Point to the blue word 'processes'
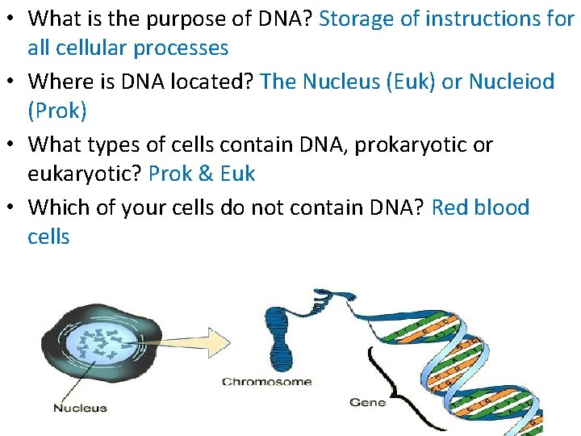point(182,48)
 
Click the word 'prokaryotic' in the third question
point(379,145)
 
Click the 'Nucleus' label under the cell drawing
point(80,408)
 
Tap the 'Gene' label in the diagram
point(367,401)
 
